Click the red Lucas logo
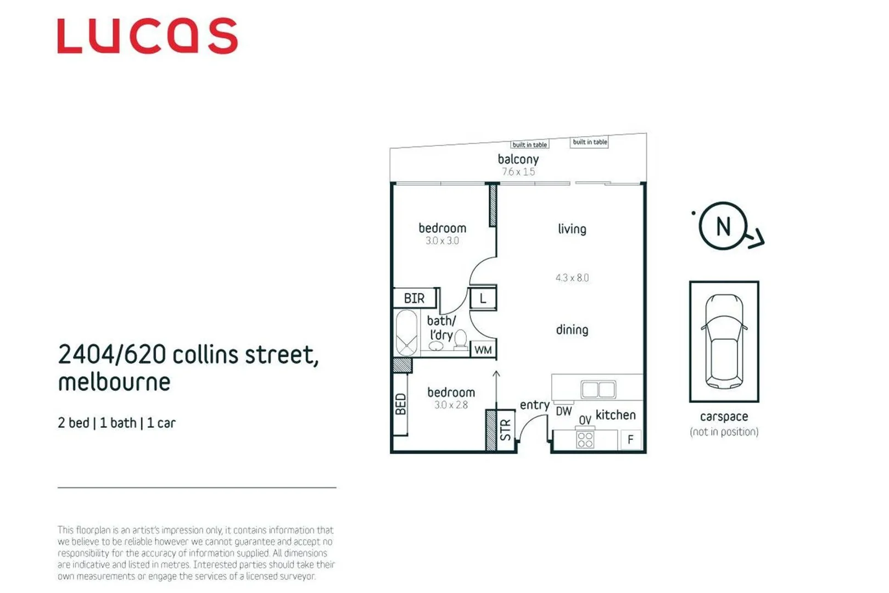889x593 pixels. [x=147, y=36]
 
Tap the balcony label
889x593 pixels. [x=518, y=159]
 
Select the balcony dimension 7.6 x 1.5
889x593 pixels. [x=518, y=172]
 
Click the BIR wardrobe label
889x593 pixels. [x=415, y=298]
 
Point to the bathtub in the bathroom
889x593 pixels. [x=406, y=333]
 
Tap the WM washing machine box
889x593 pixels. [x=483, y=350]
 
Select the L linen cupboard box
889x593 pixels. [x=483, y=299]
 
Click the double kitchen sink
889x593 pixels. [x=598, y=389]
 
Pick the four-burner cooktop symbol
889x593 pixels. [x=585, y=440]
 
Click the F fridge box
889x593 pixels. [x=630, y=439]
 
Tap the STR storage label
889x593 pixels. [x=506, y=430]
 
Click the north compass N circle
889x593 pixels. [x=723, y=226]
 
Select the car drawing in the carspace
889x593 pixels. [x=724, y=341]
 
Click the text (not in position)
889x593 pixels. [x=724, y=432]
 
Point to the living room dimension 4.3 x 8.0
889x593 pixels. [x=572, y=278]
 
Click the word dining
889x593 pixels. [x=572, y=329]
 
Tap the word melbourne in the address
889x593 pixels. [x=114, y=382]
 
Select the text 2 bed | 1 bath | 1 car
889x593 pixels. [x=116, y=423]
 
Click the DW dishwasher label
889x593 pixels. [x=563, y=411]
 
